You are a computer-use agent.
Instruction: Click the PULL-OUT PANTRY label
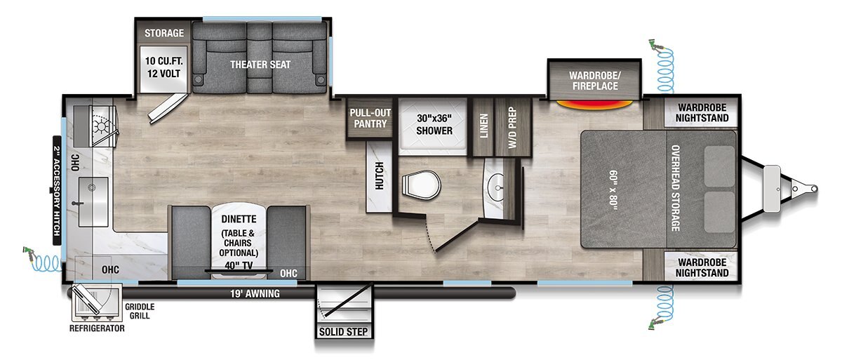[x=370, y=118]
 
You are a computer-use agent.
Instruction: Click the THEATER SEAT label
[x=260, y=65]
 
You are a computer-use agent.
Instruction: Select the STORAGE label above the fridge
[x=164, y=33]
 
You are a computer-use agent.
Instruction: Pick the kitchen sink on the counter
[x=93, y=199]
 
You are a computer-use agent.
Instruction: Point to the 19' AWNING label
[x=254, y=294]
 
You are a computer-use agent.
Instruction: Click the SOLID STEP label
[x=343, y=331]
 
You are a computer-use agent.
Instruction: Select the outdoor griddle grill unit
[x=95, y=303]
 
